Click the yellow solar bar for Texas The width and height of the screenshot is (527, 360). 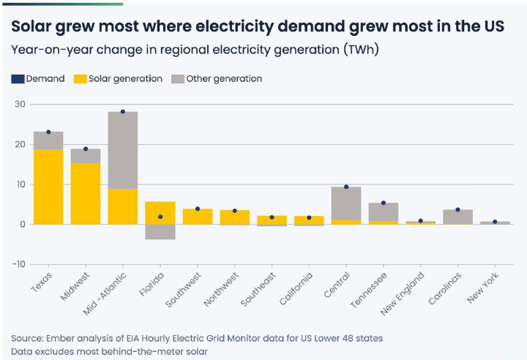pyautogui.click(x=48, y=187)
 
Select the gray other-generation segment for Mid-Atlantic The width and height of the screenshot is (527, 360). pyautogui.click(x=122, y=150)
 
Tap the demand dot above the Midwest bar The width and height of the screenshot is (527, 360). pyautogui.click(x=86, y=149)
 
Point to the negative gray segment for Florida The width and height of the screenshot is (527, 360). pyautogui.click(x=160, y=232)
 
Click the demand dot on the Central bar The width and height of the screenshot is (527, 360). pyautogui.click(x=346, y=187)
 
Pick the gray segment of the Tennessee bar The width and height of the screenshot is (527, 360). pyautogui.click(x=384, y=211)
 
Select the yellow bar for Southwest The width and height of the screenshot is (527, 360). pyautogui.click(x=197, y=217)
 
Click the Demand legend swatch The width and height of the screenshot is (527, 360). pyautogui.click(x=18, y=78)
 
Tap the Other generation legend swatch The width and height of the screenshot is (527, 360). pyautogui.click(x=177, y=78)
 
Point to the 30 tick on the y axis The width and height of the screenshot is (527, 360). pyautogui.click(x=20, y=105)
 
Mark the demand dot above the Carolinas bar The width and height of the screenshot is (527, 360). pyautogui.click(x=457, y=209)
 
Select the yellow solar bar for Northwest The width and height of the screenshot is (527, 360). pyautogui.click(x=234, y=217)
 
